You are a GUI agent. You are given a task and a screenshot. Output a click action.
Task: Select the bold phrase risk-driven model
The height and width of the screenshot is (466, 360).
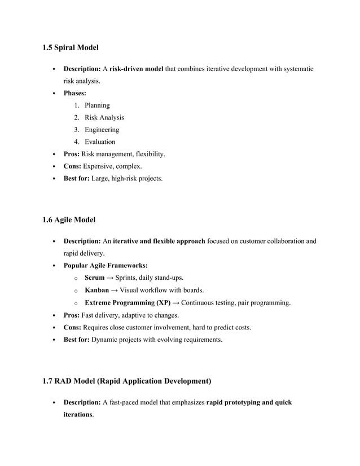(137, 69)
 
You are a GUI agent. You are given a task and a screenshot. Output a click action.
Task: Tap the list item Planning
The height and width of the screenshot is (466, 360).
(97, 105)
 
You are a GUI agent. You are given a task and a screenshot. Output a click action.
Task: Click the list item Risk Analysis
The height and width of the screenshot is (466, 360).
(104, 117)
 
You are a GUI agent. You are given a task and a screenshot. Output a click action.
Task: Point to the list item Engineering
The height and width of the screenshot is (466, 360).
(102, 130)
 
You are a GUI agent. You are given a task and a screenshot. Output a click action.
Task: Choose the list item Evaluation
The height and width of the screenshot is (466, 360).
(100, 142)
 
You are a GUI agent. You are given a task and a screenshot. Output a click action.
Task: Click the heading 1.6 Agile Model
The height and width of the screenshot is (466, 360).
(69, 219)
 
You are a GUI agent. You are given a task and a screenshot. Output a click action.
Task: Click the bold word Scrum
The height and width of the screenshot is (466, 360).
(94, 278)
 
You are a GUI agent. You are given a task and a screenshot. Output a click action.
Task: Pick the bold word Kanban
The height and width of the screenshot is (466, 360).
(96, 290)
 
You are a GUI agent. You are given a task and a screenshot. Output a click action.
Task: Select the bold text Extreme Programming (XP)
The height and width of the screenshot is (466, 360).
(128, 303)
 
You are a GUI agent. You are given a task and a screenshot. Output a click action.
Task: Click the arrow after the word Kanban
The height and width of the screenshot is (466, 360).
(115, 290)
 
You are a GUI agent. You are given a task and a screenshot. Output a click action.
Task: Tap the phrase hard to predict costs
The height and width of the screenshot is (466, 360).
(217, 327)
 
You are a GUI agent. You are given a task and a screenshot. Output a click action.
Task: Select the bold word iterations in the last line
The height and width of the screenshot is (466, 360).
(77, 415)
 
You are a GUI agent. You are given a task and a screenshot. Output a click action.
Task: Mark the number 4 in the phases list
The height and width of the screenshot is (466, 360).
(76, 142)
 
